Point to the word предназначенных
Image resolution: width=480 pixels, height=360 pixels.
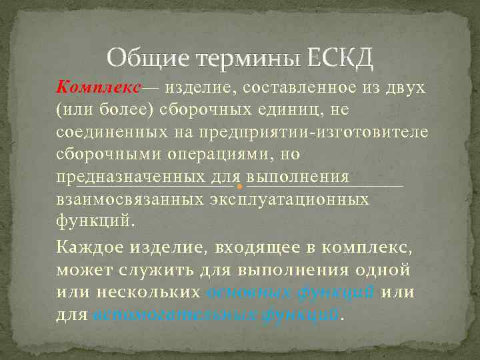click(130, 177)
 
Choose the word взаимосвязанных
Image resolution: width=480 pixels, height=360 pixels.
click(130, 199)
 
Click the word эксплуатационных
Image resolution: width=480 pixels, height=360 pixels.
click(289, 199)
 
